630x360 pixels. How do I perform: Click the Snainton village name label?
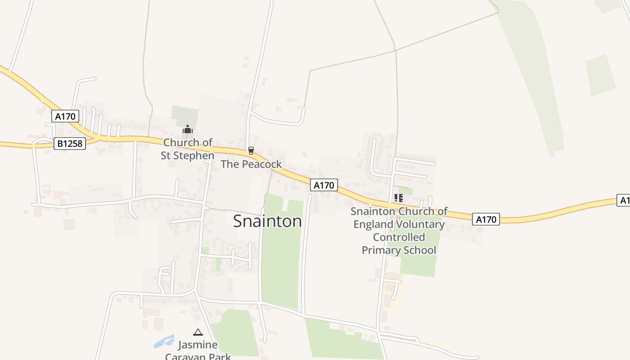point(267,221)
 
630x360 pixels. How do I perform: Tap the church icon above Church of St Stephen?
point(188,130)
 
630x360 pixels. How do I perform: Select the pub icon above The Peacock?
point(251,151)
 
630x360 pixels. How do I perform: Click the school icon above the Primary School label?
point(398,198)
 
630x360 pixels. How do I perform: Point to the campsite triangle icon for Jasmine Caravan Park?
point(198,333)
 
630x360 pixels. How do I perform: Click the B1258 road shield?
point(70,144)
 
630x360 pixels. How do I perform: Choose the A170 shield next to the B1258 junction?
point(65,117)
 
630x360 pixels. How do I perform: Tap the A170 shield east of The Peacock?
point(324,185)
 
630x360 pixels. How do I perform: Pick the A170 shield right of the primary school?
point(486,219)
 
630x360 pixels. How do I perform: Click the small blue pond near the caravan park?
point(163,341)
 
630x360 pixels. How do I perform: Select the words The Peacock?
point(251,164)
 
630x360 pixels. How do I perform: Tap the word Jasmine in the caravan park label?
point(198,345)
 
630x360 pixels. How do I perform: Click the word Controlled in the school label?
point(399,237)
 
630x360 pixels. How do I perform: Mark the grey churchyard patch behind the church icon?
point(184,114)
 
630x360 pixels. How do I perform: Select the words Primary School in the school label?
point(399,250)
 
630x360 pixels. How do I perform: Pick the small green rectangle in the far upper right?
point(601,75)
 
